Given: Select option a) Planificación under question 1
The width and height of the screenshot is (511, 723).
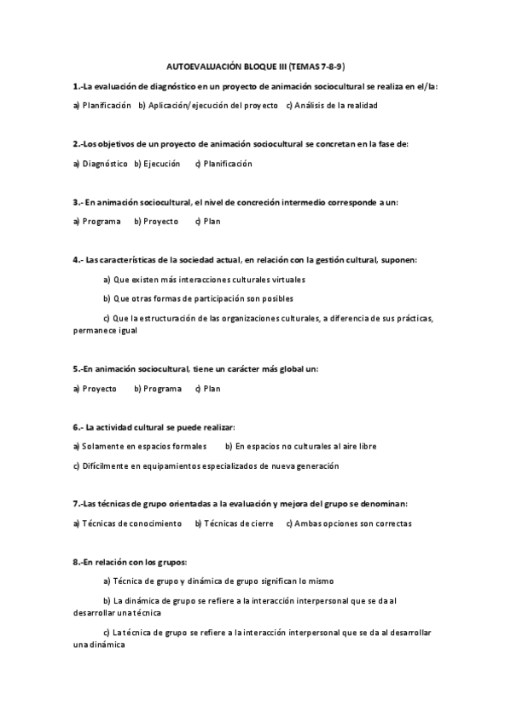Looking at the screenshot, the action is [x=102, y=105].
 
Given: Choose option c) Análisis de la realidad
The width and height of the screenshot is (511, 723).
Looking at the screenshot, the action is [x=331, y=105].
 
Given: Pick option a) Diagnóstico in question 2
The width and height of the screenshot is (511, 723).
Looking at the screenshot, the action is [x=100, y=163].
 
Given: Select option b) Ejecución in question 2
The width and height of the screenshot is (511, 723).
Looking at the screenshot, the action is [x=157, y=163].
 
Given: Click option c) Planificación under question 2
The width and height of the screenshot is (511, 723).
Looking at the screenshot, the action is [x=224, y=163].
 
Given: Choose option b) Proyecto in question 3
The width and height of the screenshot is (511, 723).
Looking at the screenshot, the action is [x=156, y=221].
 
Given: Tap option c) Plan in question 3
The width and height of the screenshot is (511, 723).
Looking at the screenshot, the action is [x=207, y=221].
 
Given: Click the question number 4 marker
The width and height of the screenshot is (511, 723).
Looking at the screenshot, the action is [x=78, y=259].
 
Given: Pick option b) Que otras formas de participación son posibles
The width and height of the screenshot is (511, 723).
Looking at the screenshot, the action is [x=198, y=298].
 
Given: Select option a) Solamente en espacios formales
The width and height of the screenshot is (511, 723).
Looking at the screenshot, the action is [x=140, y=446].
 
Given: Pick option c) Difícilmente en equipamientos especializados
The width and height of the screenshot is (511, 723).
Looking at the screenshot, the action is [x=206, y=466].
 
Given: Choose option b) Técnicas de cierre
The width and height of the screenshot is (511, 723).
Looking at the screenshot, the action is [x=235, y=523].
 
